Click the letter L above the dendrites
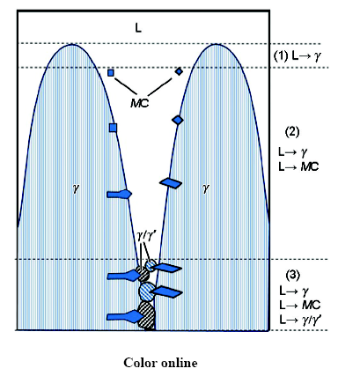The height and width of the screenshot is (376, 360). (138, 28)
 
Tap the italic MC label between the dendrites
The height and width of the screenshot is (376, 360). (140, 103)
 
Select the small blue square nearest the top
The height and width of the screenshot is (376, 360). (111, 73)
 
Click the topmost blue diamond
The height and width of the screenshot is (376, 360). (179, 71)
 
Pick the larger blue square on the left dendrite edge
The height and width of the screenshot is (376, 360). (113, 128)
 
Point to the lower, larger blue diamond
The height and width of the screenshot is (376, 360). (178, 120)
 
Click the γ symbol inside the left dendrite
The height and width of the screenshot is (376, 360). (76, 188)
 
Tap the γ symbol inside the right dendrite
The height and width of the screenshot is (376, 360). (206, 188)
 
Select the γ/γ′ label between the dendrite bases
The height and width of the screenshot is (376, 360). (144, 236)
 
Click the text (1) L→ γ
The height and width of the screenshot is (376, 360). (297, 56)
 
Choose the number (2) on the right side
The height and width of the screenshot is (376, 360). (292, 132)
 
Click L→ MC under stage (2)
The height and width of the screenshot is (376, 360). (298, 167)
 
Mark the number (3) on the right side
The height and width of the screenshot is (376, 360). (293, 275)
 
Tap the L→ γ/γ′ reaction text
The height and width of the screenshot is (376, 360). (300, 320)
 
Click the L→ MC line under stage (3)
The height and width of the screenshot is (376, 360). (300, 306)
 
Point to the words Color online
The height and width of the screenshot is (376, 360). (160, 363)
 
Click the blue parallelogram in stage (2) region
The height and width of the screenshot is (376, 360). (171, 183)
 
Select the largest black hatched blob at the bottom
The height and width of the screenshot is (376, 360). (146, 315)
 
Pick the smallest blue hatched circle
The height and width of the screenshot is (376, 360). (151, 265)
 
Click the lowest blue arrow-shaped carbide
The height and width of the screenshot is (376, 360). (125, 317)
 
